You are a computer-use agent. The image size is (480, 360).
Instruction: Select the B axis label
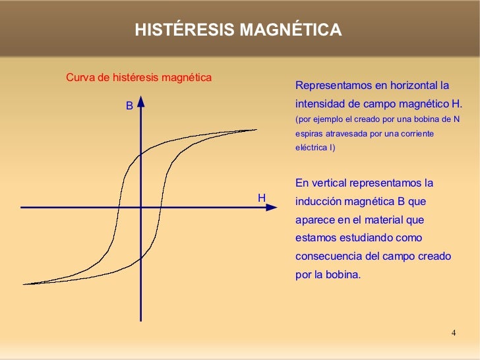[x=130, y=105]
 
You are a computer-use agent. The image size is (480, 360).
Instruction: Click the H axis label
[x=262, y=198]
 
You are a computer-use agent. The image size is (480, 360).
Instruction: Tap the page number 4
[x=454, y=332]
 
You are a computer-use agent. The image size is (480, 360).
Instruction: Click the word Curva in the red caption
[x=79, y=78]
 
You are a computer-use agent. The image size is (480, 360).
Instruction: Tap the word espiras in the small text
[x=309, y=134]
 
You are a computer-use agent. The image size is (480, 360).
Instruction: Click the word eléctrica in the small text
[x=312, y=148]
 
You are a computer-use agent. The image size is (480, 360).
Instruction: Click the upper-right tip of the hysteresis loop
[x=256, y=130]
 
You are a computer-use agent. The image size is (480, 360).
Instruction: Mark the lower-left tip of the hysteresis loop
[x=24, y=284]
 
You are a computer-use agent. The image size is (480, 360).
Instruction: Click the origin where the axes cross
[x=141, y=207]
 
